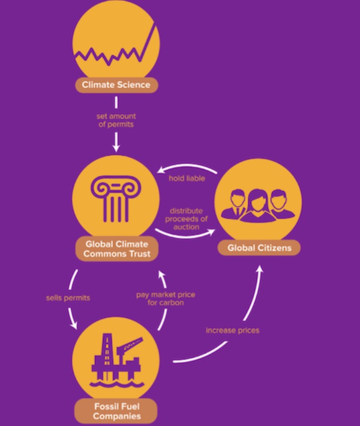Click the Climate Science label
click(116, 85)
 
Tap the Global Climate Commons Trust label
click(117, 249)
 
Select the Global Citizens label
click(259, 248)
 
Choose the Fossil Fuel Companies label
click(116, 411)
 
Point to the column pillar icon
click(115, 199)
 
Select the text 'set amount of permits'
click(116, 120)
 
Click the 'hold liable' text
click(187, 178)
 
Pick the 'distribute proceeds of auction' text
click(186, 219)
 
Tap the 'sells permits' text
click(68, 298)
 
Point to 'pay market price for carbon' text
click(166, 298)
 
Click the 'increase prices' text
click(232, 330)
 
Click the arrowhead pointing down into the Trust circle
click(116, 148)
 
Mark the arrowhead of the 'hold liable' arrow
click(161, 170)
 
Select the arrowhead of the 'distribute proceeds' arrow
click(212, 232)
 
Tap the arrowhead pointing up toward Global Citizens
click(260, 269)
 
